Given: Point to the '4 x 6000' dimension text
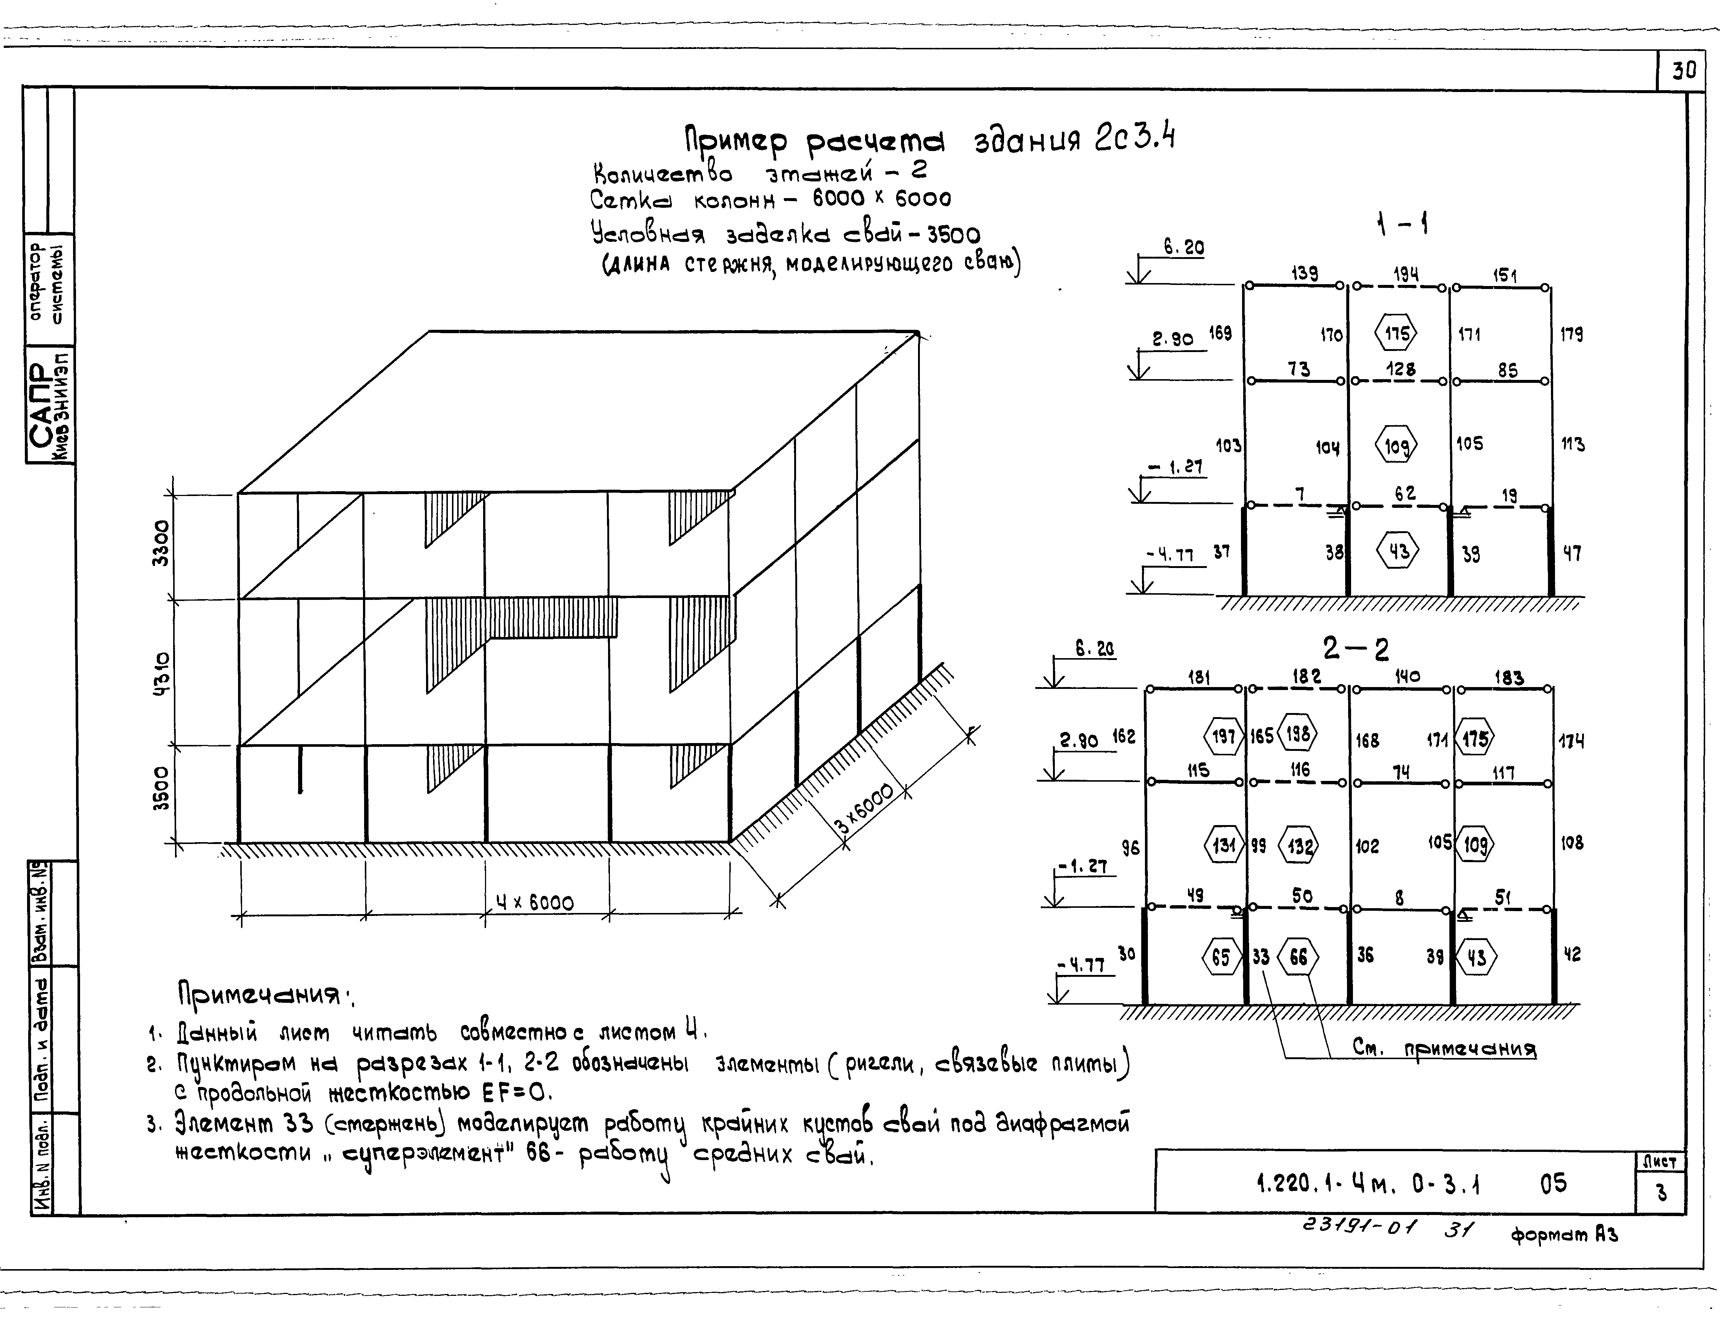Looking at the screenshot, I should [x=535, y=902].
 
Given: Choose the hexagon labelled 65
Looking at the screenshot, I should [x=1221, y=958].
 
